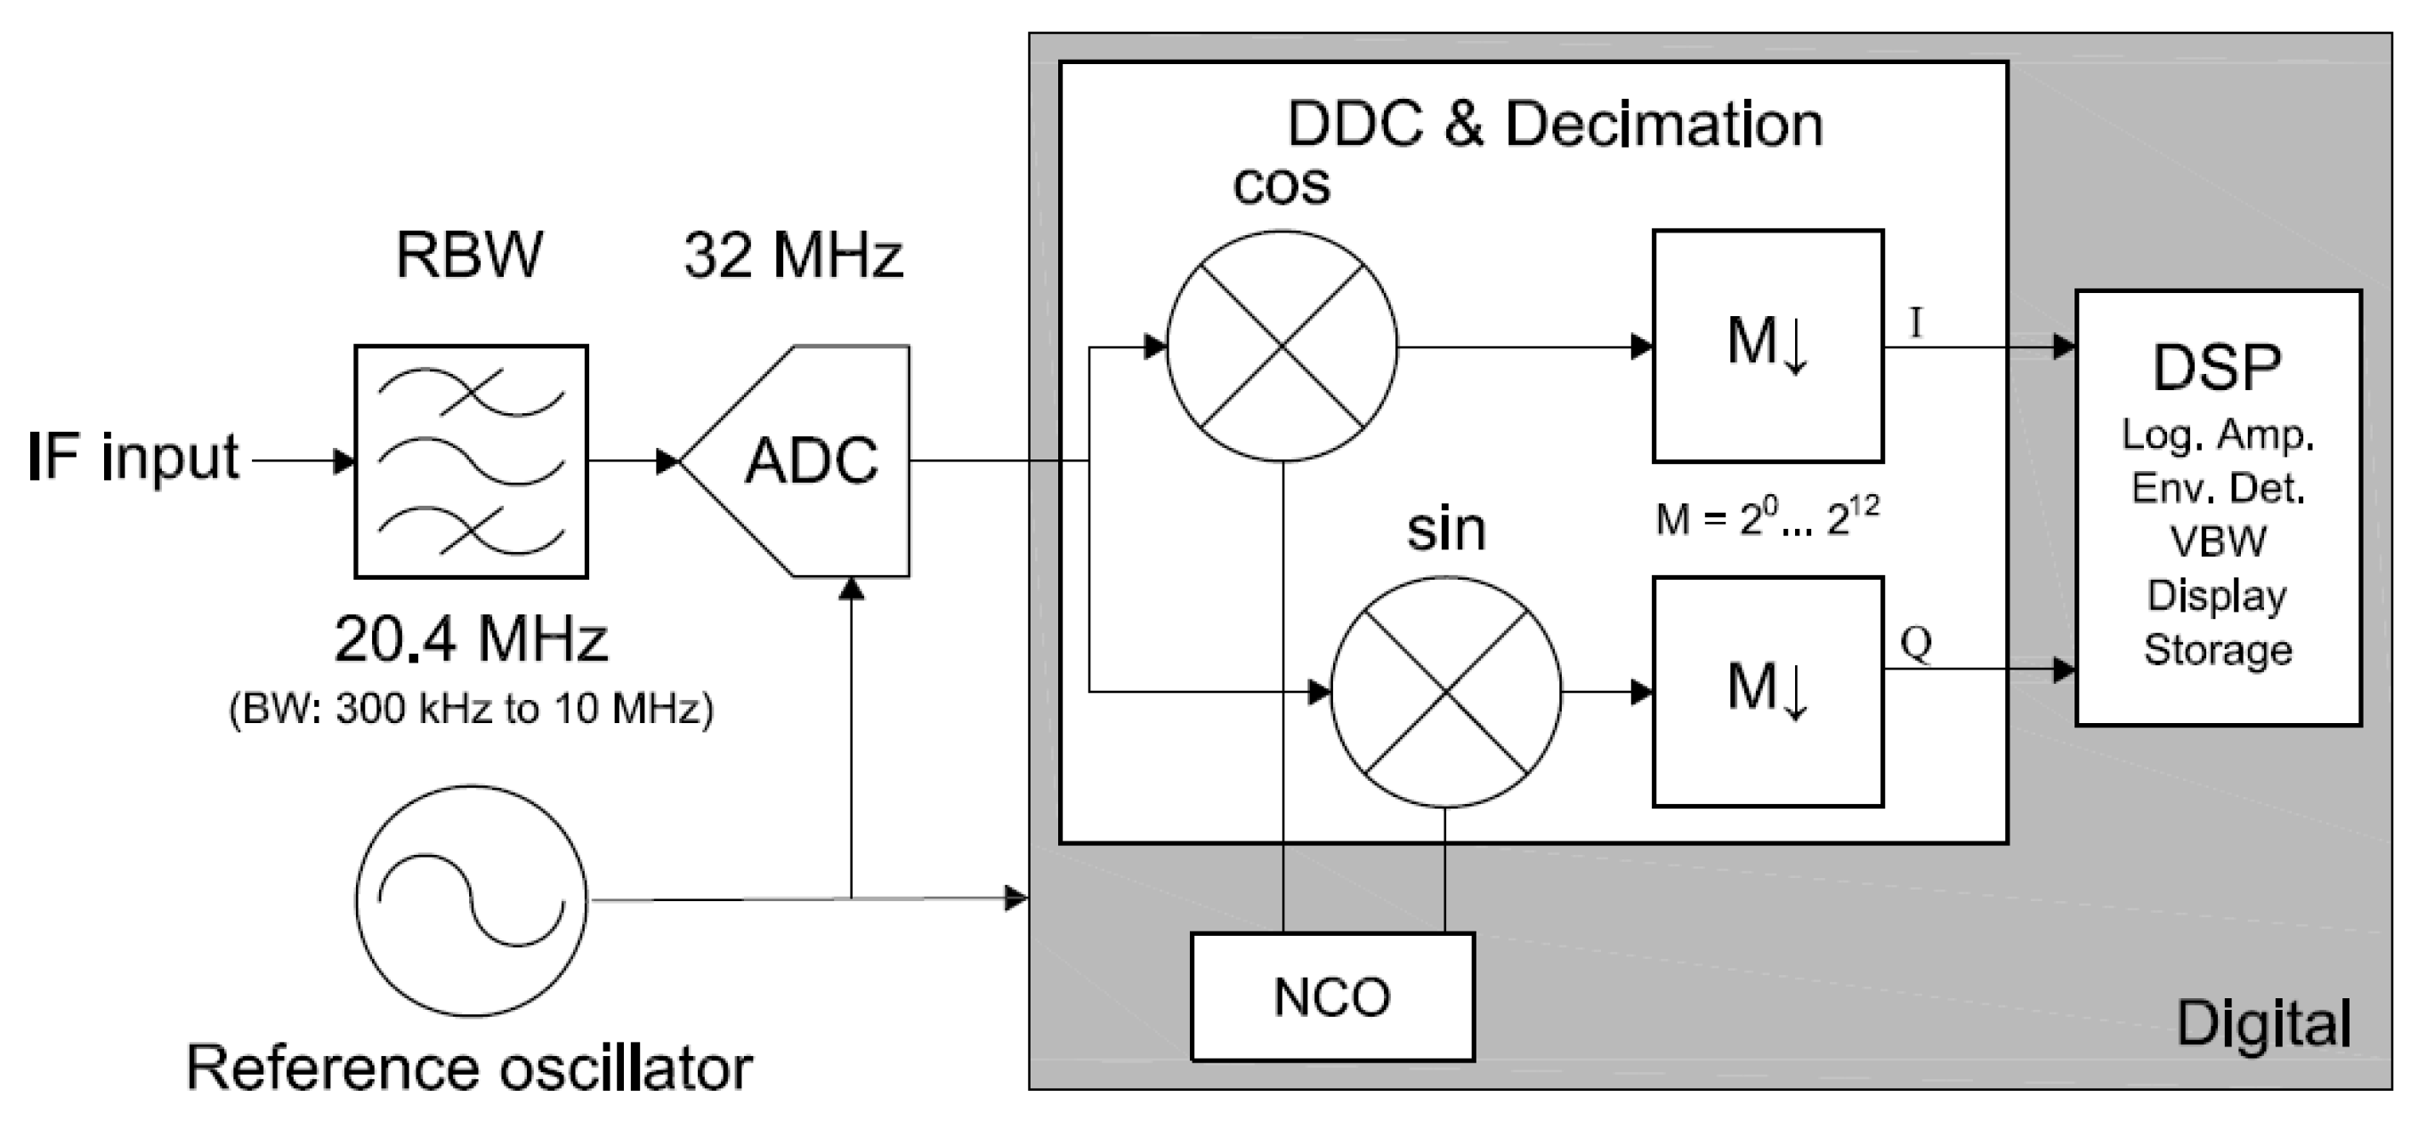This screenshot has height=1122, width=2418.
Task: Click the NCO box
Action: click(1332, 997)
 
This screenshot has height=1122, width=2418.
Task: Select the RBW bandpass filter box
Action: click(471, 461)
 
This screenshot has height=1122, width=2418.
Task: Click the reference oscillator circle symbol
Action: click(471, 900)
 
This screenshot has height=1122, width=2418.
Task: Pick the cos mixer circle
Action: click(1282, 346)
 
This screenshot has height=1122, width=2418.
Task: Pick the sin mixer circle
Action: click(1445, 692)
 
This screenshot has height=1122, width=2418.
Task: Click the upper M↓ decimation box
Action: click(1767, 346)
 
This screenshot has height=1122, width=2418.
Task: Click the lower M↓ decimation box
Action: click(1767, 692)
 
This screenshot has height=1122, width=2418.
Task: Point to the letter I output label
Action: click(1916, 323)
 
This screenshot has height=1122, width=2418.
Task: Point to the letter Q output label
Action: click(1916, 644)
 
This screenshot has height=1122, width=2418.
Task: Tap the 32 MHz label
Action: click(793, 256)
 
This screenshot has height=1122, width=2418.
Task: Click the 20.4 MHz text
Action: click(471, 639)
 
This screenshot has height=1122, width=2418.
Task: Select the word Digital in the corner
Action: click(2264, 1023)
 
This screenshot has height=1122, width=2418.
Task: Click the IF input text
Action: click(134, 457)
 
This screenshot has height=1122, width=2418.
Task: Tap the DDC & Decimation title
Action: click(1555, 125)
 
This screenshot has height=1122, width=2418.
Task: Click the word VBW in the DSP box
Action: click(2218, 541)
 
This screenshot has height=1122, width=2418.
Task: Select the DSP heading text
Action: click(2217, 367)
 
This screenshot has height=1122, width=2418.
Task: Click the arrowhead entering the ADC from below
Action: click(851, 589)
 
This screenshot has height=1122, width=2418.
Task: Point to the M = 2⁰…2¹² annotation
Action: click(1767, 518)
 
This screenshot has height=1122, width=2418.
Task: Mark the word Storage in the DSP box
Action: click(2218, 650)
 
